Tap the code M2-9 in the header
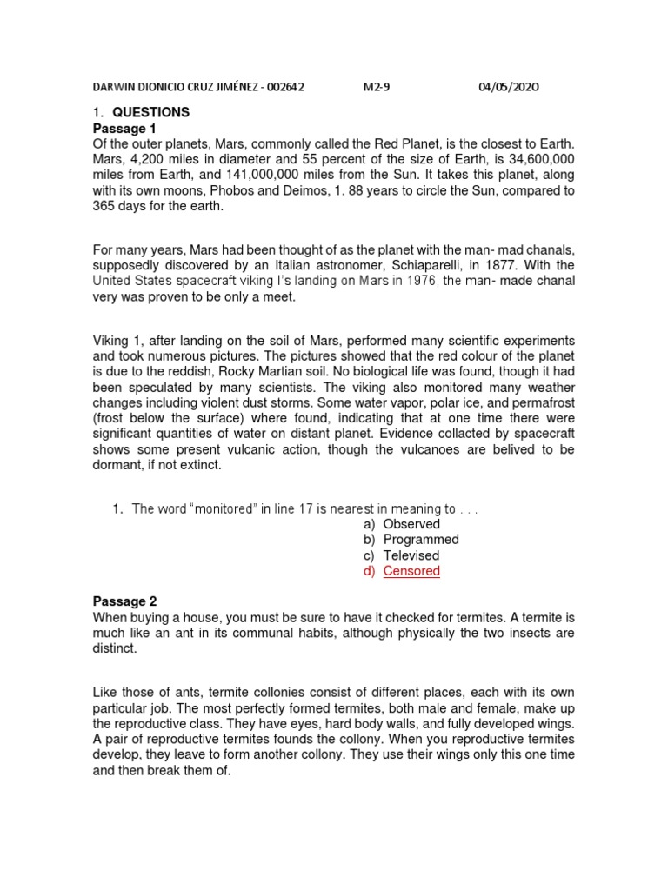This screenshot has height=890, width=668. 376,87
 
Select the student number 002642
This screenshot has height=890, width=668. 283,87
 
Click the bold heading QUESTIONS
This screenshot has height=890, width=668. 150,112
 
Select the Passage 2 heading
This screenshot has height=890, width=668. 123,601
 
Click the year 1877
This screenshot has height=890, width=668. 510,264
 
